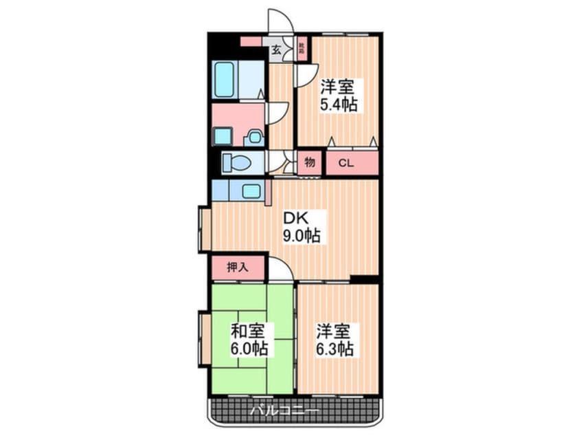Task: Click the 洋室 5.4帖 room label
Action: (337, 96)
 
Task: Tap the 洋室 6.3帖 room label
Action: (334, 340)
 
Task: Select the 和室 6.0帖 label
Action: (249, 340)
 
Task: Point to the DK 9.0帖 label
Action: (301, 227)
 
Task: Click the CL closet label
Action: (345, 163)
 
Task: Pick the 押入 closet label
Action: (238, 268)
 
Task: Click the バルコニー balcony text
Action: (283, 412)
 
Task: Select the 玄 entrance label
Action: (276, 50)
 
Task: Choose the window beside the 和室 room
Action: (204, 340)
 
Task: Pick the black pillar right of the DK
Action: (365, 279)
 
